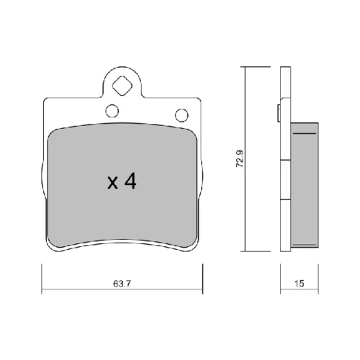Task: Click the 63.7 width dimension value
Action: tap(122, 284)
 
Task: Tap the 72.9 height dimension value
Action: tap(240, 158)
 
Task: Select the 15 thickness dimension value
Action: tap(300, 284)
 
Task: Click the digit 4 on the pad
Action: tap(130, 181)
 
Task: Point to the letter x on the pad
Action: tap(112, 183)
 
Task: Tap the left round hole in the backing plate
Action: tap(112, 111)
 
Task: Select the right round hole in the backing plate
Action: tap(181, 115)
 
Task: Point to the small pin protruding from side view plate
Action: tap(279, 113)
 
